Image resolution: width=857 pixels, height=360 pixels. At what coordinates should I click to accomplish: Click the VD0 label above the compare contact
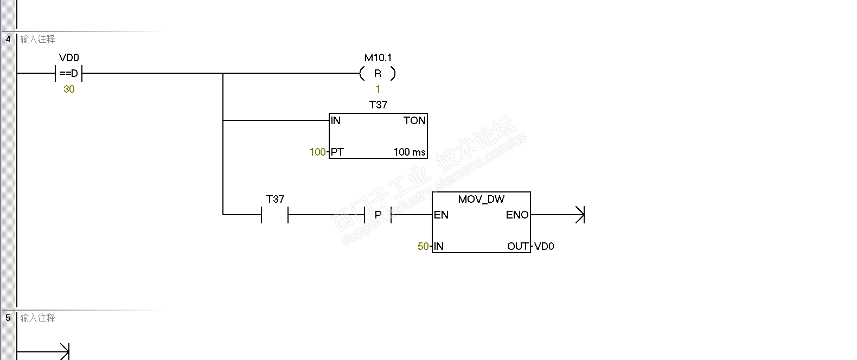click(69, 57)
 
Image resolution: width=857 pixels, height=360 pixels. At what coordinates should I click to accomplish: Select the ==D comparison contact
click(69, 73)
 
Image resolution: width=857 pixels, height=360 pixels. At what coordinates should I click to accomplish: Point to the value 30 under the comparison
click(69, 89)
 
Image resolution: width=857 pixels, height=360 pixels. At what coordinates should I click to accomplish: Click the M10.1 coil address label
click(378, 57)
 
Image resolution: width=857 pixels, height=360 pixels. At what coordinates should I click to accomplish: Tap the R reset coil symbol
click(378, 73)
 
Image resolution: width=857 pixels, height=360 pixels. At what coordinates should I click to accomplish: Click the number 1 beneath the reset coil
click(378, 89)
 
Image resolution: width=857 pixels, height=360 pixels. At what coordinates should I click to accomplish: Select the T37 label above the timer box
click(378, 105)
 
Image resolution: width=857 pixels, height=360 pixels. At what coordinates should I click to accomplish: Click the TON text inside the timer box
click(414, 120)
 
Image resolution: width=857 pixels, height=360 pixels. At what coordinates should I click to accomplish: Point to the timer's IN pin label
click(336, 120)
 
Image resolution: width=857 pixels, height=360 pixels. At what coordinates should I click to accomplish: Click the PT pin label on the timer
click(337, 152)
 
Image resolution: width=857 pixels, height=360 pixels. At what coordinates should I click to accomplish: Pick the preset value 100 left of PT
click(317, 152)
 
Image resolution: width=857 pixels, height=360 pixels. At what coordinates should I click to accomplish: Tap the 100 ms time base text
click(410, 152)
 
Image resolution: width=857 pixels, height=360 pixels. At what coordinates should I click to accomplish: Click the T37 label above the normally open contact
click(275, 199)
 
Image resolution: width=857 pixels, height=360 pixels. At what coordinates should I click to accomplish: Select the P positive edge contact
click(378, 215)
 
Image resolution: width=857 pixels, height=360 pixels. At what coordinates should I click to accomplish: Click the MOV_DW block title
click(481, 199)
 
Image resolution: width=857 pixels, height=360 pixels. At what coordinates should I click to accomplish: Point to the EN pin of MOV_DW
click(441, 215)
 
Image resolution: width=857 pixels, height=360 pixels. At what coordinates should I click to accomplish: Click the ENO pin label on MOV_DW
click(517, 215)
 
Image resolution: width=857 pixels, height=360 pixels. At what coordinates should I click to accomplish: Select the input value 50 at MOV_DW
click(423, 246)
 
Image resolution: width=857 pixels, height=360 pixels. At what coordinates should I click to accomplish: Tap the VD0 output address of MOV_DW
click(544, 246)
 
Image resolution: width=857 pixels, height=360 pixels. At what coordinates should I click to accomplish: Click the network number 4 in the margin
click(8, 39)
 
